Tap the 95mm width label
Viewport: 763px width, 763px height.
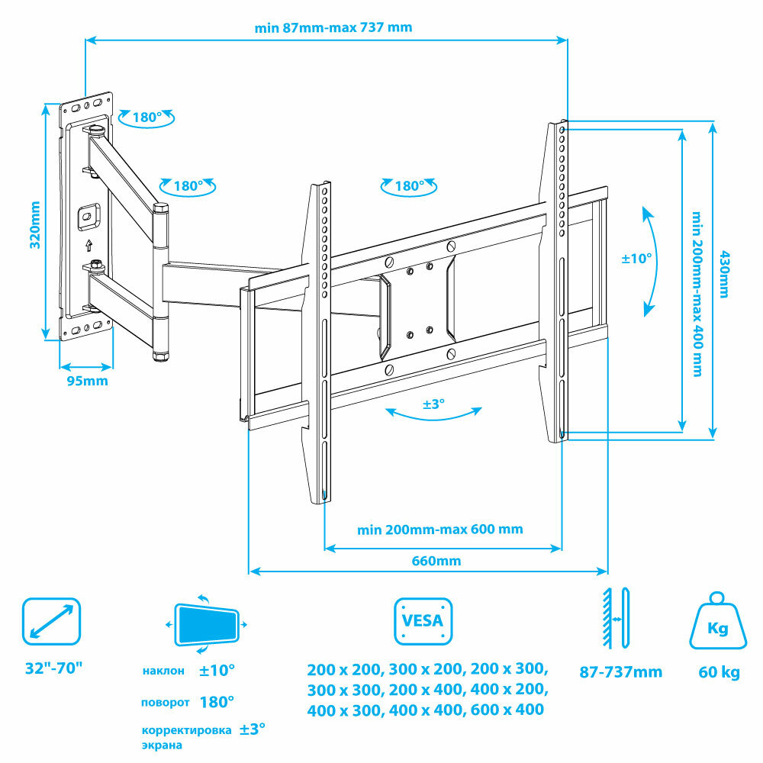[86, 381]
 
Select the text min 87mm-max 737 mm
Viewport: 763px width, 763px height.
[333, 27]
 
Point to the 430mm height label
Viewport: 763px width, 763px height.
[724, 275]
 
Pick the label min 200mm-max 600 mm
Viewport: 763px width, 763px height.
[440, 529]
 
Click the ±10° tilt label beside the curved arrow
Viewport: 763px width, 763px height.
[636, 259]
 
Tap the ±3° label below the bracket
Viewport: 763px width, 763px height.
[433, 404]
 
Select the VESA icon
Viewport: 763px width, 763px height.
[423, 621]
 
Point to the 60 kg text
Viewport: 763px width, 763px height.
[719, 672]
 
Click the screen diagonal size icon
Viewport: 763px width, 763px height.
[51, 622]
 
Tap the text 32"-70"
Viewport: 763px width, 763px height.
[53, 668]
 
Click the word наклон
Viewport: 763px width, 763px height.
[163, 671]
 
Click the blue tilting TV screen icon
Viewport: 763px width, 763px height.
[206, 624]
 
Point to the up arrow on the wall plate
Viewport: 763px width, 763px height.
[89, 246]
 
